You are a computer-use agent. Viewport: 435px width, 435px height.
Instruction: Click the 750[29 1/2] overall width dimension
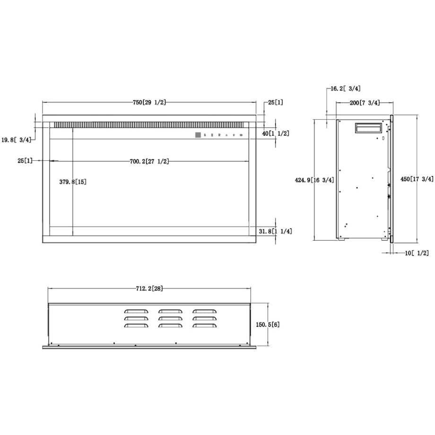(x=149, y=102)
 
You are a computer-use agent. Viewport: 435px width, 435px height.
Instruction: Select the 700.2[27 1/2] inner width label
(x=149, y=161)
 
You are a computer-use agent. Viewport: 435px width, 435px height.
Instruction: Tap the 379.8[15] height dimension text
(x=73, y=182)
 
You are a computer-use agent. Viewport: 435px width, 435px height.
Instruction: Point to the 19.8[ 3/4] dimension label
(x=16, y=139)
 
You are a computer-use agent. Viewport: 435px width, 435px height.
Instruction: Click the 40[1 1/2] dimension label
(x=276, y=134)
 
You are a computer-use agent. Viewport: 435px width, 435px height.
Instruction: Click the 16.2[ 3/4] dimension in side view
(x=346, y=88)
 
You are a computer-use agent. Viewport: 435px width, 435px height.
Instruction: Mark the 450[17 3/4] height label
(x=417, y=179)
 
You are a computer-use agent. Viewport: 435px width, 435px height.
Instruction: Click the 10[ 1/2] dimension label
(x=417, y=253)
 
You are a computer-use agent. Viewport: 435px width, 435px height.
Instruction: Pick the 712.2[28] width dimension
(x=149, y=288)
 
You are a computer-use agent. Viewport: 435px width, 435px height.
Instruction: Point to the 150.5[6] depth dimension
(x=268, y=325)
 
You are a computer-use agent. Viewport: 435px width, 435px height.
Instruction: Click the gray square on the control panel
(x=198, y=135)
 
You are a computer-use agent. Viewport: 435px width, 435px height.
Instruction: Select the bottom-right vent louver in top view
(x=204, y=326)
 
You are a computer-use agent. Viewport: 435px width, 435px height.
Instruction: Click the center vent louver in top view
(x=170, y=319)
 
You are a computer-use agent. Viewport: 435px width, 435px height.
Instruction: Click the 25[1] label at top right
(x=276, y=102)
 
